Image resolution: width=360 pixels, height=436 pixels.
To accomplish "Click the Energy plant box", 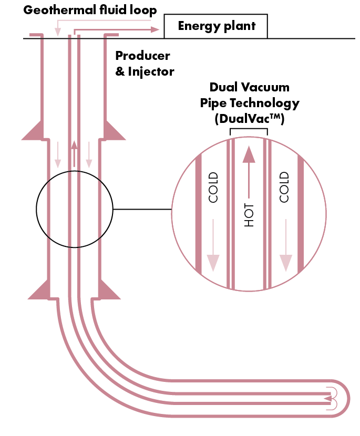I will [x=215, y=26].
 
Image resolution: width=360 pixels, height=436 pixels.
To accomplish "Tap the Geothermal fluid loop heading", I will [x=90, y=9].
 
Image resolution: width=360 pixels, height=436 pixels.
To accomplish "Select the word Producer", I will [x=142, y=56].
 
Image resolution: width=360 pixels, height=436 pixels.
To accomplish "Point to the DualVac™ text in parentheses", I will [x=249, y=119].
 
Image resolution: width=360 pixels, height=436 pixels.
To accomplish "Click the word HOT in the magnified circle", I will [x=249, y=215].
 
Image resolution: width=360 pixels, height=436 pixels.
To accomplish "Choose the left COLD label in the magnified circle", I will [x=213, y=188].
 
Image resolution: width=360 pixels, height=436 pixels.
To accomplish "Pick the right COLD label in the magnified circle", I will [x=284, y=188].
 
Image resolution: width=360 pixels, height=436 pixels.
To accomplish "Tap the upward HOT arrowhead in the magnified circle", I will [x=249, y=154].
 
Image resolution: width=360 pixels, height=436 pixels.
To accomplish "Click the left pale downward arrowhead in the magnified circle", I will [x=213, y=262].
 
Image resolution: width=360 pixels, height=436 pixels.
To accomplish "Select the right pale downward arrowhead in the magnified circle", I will [x=285, y=262].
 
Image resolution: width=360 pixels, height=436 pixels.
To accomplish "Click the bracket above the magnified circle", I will [x=249, y=130].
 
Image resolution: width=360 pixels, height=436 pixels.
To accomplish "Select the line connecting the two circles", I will [x=142, y=209].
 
